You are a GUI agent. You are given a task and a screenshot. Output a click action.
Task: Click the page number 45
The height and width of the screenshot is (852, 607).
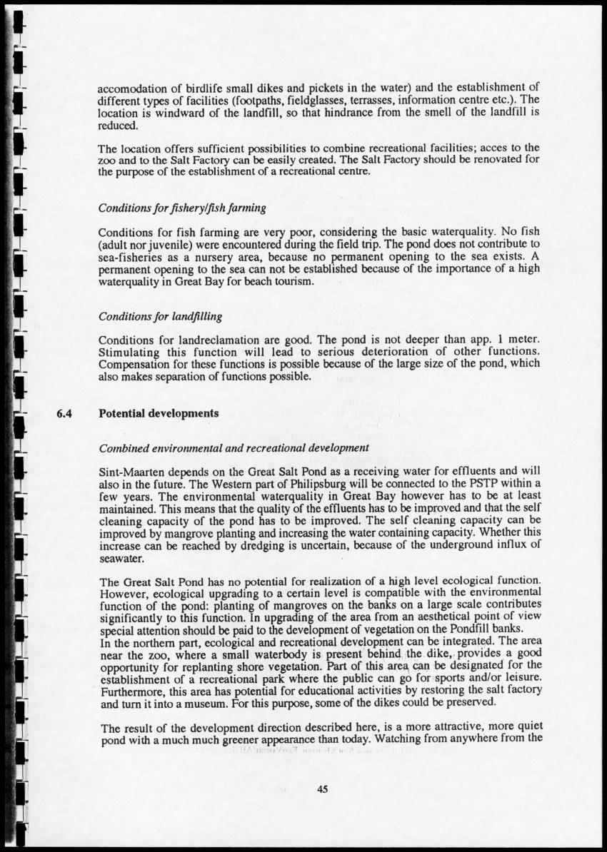click(x=321, y=788)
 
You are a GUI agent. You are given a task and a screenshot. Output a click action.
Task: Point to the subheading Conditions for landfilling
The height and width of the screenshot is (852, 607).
click(x=160, y=315)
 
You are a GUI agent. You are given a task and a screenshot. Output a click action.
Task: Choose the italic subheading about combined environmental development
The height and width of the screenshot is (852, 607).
click(x=234, y=448)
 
